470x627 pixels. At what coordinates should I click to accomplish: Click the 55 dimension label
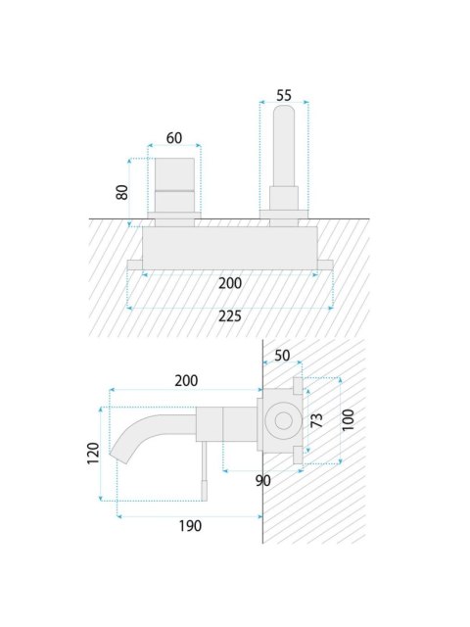284,96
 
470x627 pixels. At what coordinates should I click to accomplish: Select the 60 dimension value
174,138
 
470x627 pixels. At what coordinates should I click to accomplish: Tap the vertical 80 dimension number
122,192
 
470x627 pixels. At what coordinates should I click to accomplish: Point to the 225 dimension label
230,316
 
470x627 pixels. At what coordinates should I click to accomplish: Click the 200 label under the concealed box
230,283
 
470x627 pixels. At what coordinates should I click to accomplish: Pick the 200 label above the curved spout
186,381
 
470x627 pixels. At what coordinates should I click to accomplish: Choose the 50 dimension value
282,356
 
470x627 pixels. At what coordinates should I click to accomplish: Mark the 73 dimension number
317,420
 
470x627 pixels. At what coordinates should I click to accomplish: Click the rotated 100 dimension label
349,419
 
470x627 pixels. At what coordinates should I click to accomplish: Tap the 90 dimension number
263,481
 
